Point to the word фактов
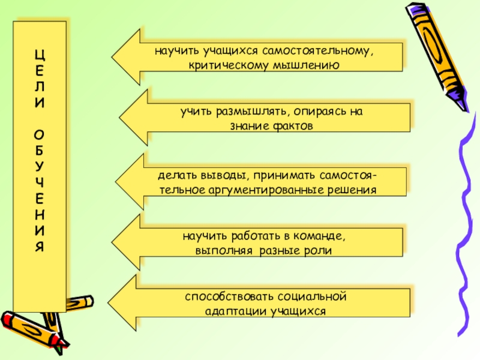pos(293,126)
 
